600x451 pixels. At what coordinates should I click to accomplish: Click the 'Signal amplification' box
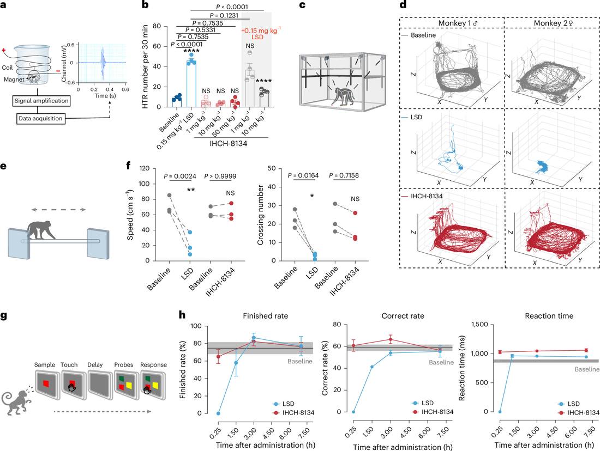[41, 101]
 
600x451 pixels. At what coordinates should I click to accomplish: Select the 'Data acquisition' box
[40, 119]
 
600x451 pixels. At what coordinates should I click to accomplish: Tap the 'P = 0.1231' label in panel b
[224, 16]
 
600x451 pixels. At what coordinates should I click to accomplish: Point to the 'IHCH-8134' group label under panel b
[228, 144]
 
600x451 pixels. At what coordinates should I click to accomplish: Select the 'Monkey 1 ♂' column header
[458, 23]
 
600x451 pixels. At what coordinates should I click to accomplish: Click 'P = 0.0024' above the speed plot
[180, 176]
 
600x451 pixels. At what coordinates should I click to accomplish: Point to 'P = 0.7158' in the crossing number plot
[344, 175]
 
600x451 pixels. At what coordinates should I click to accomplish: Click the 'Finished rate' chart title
[265, 316]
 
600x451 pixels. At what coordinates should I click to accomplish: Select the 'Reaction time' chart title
[549, 316]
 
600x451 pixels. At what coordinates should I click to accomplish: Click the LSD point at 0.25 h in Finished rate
[218, 413]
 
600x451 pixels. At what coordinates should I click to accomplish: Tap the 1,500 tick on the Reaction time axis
[480, 325]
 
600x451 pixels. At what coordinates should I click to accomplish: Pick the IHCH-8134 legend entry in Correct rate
[433, 412]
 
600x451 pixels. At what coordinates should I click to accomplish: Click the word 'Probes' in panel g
[124, 364]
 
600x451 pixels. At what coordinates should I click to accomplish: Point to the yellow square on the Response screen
[155, 384]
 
